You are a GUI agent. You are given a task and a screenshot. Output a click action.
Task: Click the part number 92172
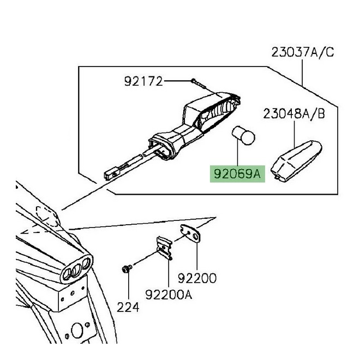143,81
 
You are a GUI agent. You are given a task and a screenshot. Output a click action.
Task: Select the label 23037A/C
302,52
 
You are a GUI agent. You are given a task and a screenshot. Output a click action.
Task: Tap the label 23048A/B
294,113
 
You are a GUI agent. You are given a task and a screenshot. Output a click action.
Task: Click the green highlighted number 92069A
237,174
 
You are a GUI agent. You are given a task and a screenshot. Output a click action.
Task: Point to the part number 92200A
169,295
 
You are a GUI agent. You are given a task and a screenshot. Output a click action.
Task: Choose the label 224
128,307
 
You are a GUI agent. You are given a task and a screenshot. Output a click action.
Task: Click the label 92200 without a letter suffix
197,278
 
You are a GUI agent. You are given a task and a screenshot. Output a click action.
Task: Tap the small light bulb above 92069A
243,135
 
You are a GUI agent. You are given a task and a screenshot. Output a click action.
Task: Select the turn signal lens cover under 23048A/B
296,161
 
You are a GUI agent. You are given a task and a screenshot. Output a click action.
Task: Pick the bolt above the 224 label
127,269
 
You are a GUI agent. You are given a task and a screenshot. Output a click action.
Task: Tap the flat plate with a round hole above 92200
190,233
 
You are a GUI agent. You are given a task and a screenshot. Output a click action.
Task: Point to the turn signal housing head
211,112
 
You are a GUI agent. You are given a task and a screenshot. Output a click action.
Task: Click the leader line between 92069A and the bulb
238,155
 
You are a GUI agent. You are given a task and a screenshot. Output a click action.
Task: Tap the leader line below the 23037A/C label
302,73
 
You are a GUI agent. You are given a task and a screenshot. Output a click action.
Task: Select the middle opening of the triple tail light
76,270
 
